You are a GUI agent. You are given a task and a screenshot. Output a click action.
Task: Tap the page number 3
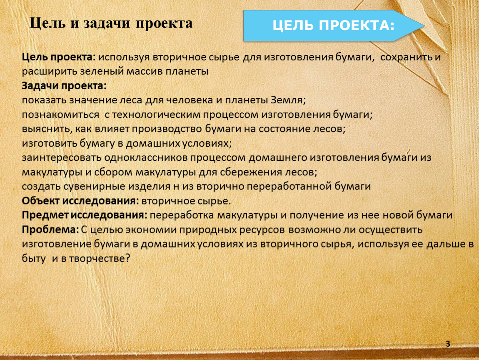(448, 344)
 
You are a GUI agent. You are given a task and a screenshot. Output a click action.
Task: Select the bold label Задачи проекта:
(64, 86)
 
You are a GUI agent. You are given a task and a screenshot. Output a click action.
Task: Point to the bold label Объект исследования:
(80, 201)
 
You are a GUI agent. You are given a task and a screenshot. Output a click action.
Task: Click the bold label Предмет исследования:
(84, 215)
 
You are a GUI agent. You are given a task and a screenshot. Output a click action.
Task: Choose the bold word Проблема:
(50, 230)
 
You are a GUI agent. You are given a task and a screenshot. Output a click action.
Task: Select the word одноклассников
(145, 157)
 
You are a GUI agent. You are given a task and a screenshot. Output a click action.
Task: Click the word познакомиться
(60, 115)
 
